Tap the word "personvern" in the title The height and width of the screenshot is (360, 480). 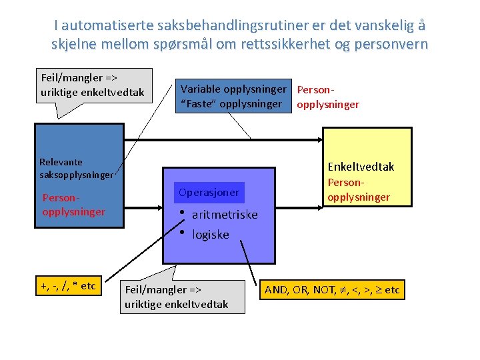(391, 45)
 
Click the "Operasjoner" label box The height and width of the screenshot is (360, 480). (209, 193)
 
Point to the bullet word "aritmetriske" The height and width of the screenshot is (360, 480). (225, 215)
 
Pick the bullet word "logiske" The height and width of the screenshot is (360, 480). (210, 235)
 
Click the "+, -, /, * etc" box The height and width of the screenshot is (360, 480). (68, 286)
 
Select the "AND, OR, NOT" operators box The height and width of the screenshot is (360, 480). (332, 290)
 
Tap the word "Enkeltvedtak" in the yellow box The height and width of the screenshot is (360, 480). (361, 167)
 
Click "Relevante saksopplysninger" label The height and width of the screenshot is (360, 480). (76, 168)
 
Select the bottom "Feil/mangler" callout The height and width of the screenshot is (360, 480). (177, 297)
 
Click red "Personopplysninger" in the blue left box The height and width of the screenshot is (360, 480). (73, 205)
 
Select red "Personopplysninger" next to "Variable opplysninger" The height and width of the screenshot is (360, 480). (327, 97)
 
